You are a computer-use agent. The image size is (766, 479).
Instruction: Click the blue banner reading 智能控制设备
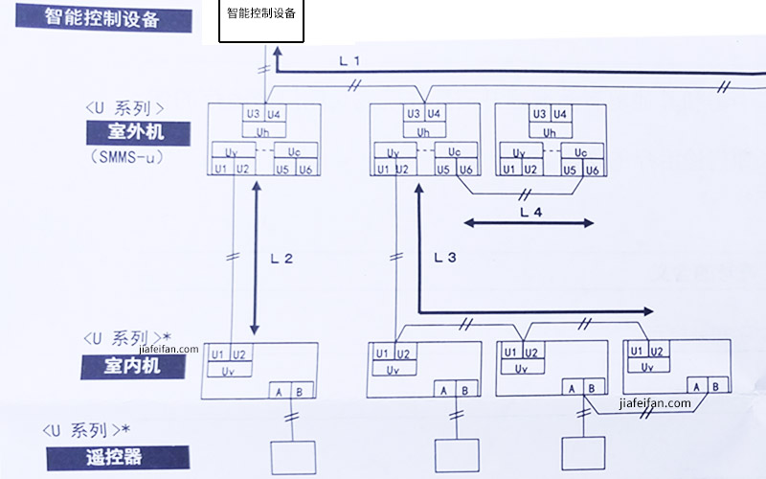click(103, 18)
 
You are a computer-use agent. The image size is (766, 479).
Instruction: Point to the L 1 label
click(349, 61)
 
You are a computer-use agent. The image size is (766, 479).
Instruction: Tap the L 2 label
click(282, 259)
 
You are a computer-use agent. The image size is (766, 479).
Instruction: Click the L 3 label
click(445, 257)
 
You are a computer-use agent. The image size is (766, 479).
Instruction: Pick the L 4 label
click(531, 212)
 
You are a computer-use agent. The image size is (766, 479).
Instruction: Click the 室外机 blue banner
click(138, 133)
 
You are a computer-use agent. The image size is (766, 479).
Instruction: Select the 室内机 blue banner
click(133, 366)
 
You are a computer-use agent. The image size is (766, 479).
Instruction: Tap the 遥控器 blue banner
click(118, 458)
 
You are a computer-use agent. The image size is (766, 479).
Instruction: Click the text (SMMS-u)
click(126, 157)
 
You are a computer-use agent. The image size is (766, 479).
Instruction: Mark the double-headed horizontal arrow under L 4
click(529, 223)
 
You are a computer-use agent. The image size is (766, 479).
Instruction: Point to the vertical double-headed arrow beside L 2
click(256, 258)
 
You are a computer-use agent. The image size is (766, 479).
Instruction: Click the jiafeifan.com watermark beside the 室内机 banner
click(169, 349)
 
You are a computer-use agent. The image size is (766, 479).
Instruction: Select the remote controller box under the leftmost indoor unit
click(293, 458)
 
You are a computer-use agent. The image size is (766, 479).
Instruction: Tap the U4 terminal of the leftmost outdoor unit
click(275, 114)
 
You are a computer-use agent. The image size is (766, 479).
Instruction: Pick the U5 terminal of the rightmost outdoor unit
click(570, 170)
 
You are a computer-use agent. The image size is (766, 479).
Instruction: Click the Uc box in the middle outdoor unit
click(456, 151)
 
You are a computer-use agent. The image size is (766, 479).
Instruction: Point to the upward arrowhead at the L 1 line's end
click(277, 52)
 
